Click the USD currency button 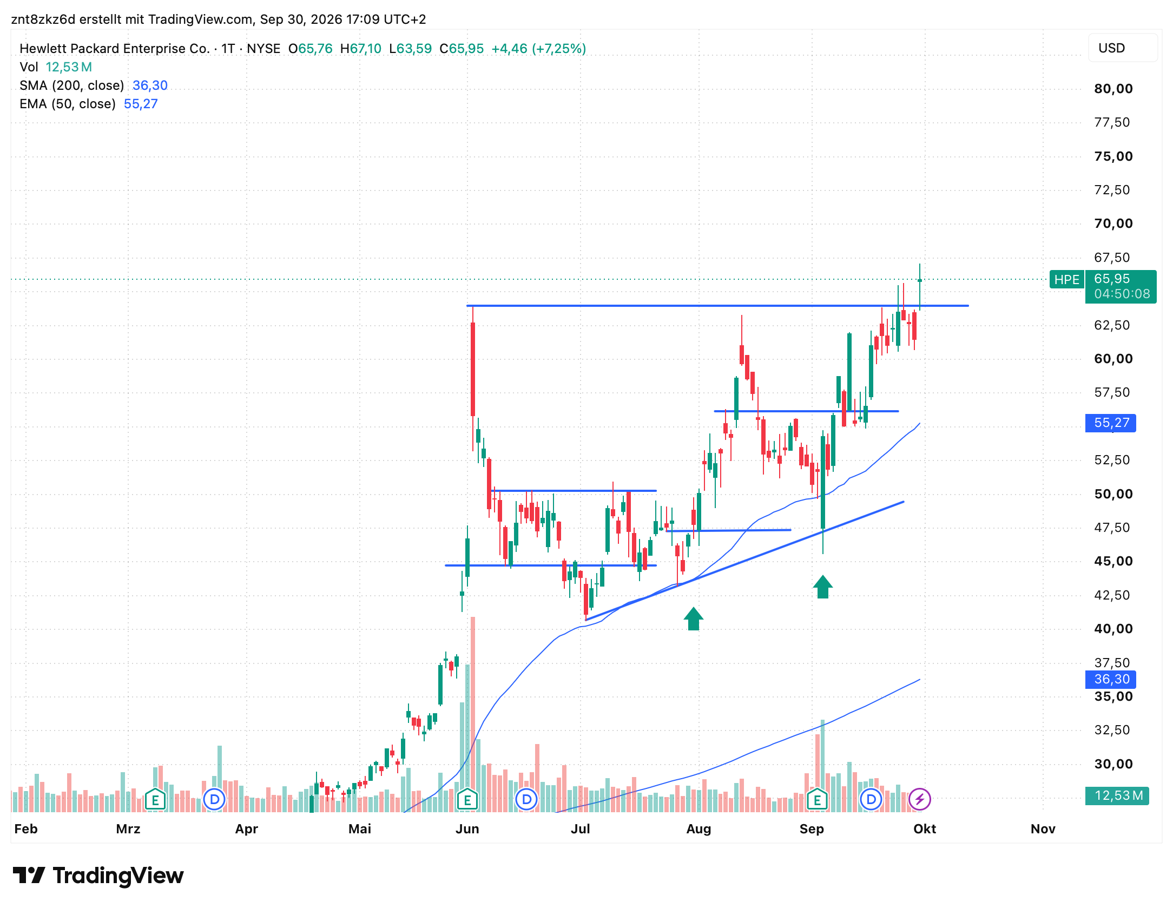coord(1122,48)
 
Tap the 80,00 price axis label coord(1113,89)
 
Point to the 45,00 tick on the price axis coord(1113,561)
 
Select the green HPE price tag coord(1066,279)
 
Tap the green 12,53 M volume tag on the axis coord(1117,795)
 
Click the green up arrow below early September coord(822,587)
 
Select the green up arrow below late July coord(693,619)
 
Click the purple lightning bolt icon coord(919,799)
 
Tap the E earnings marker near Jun coord(467,799)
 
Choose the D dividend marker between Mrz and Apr coord(214,799)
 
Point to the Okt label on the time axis coord(925,829)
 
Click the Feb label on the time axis coord(26,829)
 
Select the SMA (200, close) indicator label coord(72,85)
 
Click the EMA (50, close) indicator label coord(68,104)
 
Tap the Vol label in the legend coord(29,67)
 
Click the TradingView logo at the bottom coord(98,876)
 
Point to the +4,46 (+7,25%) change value coord(538,49)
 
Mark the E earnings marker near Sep coord(817,799)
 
